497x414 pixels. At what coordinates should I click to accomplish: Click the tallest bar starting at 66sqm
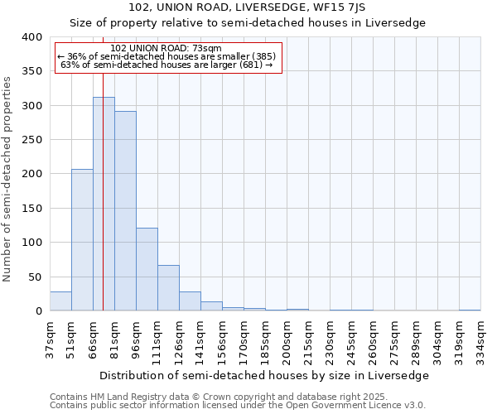104,204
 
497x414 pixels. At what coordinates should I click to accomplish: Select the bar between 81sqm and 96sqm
125,211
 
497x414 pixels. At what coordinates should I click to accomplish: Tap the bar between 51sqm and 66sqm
82,240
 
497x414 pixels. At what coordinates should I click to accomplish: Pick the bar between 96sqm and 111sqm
147,269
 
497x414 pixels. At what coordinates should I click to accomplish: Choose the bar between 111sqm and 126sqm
168,288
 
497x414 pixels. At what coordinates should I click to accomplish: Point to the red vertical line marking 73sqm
103,166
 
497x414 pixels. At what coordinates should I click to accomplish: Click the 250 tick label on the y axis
31,140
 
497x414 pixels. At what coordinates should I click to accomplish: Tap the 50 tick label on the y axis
35,277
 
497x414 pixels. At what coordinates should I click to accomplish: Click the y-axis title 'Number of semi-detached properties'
7,179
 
